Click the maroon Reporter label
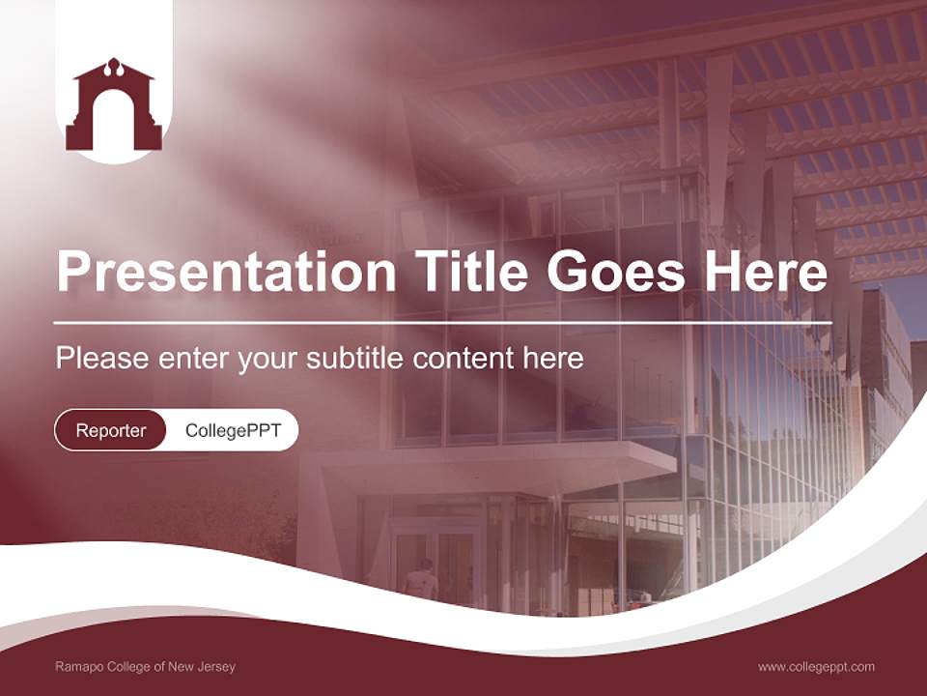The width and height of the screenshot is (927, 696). [110, 430]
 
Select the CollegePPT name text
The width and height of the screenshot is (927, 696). [233, 430]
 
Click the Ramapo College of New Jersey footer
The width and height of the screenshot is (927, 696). [145, 667]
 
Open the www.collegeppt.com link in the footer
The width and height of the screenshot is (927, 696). [816, 667]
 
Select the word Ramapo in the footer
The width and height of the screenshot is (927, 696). [76, 667]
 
